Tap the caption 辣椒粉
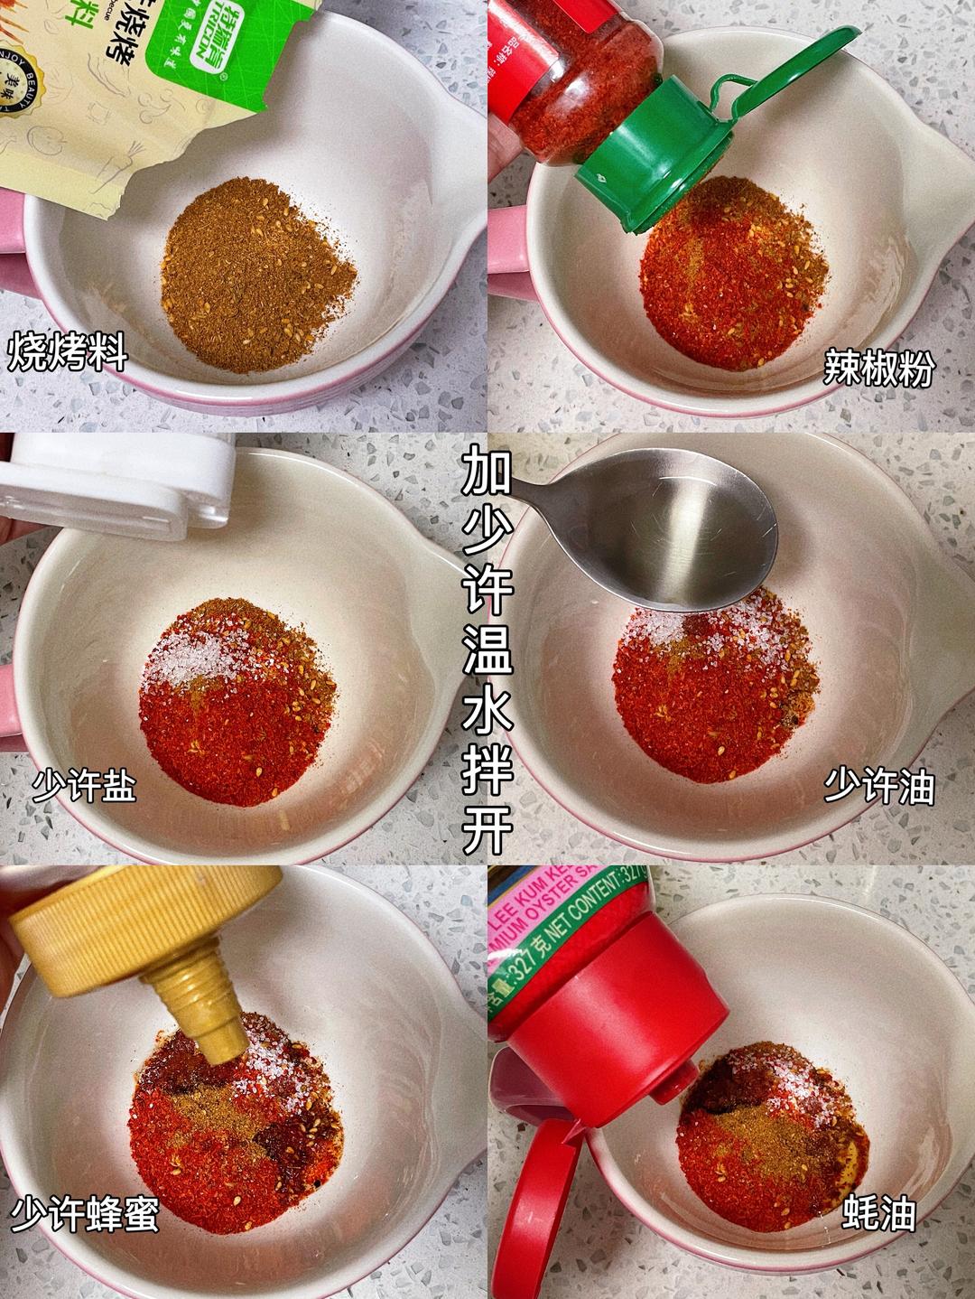877,369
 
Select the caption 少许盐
83,787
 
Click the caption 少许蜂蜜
85,1214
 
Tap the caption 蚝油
879,1214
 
